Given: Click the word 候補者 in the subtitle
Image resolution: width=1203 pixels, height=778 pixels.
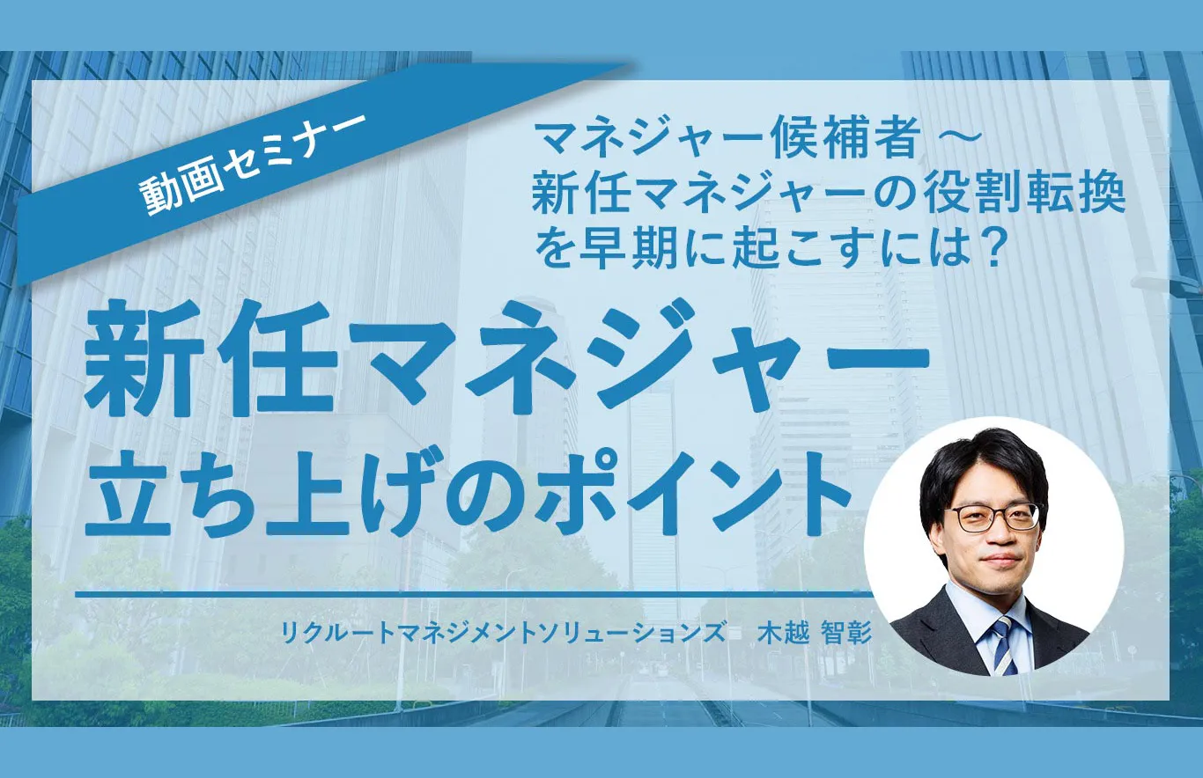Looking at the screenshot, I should tap(864, 140).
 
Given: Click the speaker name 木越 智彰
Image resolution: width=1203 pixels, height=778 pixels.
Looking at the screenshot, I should tap(815, 631).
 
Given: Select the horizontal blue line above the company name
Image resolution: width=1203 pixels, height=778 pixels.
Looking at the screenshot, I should tap(467, 595).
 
